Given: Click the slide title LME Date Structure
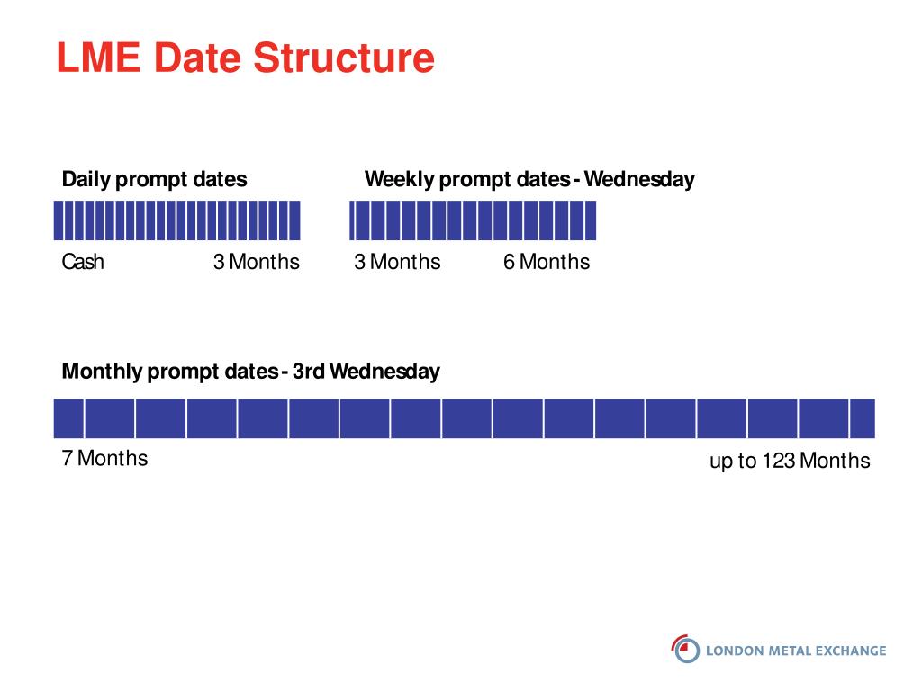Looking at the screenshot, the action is coord(245,58).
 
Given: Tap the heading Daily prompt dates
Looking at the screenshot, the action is coord(154,179).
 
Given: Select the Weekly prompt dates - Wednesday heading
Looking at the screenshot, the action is coord(529,179).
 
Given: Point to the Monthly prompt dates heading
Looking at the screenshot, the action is coord(250,372).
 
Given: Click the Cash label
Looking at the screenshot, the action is coord(83,262).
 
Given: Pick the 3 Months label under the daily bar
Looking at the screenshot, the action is coord(257,262).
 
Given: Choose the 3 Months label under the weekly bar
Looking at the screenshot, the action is coord(397,262).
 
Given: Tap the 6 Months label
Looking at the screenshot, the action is coord(547,262).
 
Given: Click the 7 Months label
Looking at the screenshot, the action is coord(104,458).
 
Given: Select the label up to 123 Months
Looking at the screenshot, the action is coord(790,461).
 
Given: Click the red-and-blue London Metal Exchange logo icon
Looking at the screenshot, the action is coord(685,650).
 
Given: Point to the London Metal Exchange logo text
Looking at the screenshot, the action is coord(796,651).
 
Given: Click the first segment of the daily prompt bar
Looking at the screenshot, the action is coord(59,220).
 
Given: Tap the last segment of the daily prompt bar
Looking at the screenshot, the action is coord(295,220).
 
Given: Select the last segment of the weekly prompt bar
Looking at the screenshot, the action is coord(591,220).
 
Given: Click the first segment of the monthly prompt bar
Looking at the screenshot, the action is coord(68,418).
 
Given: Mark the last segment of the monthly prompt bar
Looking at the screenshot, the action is coord(863,418).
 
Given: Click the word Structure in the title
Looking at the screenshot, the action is coord(344,58).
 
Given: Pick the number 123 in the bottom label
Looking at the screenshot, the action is coord(779,460).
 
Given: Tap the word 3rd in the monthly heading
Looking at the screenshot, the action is coord(309,372).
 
